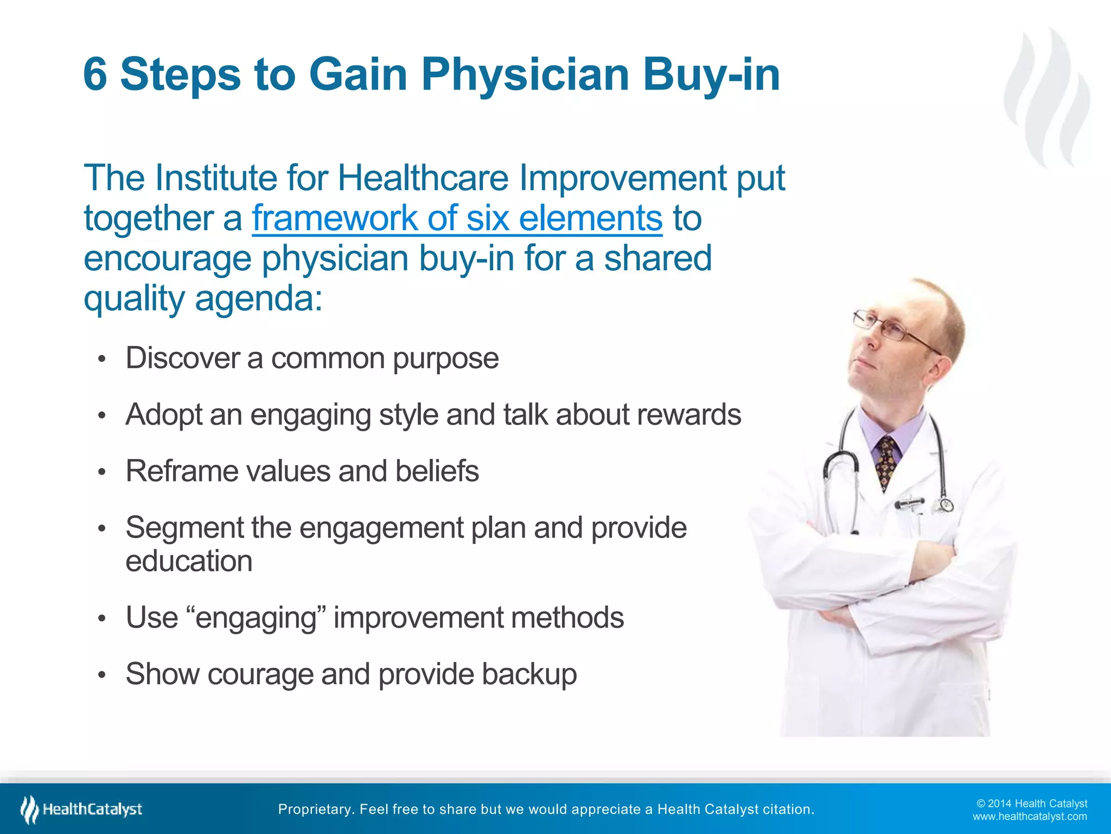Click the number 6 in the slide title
(95, 74)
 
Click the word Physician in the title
(525, 74)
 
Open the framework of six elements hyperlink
(457, 218)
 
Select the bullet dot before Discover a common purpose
(101, 359)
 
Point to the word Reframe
(182, 471)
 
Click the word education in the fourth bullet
(189, 561)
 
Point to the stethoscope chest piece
(945, 504)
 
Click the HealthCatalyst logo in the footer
(81, 809)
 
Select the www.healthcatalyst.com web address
(1029, 817)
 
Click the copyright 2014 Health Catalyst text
(1032, 804)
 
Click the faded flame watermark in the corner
(1047, 98)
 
